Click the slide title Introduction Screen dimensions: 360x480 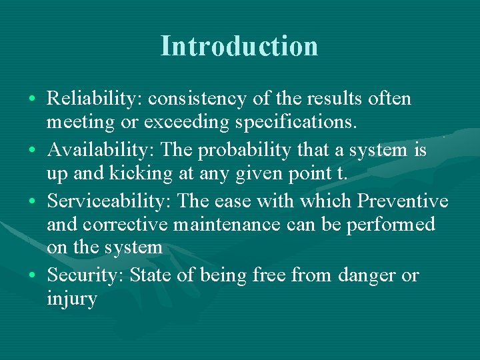click(239, 46)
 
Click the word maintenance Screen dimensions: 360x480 click(227, 224)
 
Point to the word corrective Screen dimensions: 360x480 click(128, 224)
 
